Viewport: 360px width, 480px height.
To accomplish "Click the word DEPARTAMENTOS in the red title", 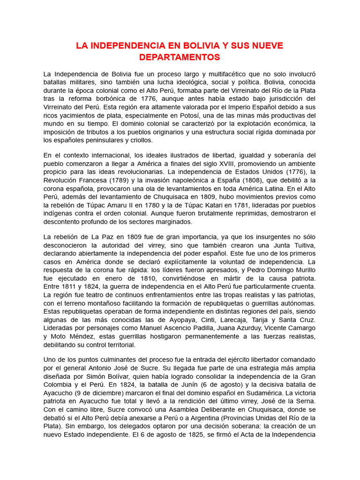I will pos(180,57).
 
